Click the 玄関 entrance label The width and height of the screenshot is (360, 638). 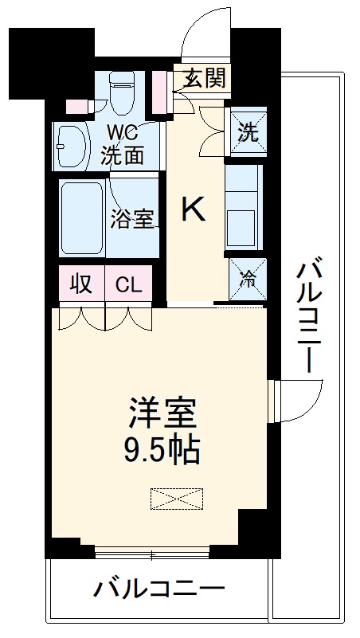pyautogui.click(x=205, y=78)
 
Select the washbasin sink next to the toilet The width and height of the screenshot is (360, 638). pyautogui.click(x=72, y=146)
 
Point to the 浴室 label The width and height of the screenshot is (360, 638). pyautogui.click(x=132, y=218)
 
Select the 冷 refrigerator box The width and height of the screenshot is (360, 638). pyautogui.click(x=247, y=279)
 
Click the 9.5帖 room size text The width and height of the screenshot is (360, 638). pyautogui.click(x=164, y=451)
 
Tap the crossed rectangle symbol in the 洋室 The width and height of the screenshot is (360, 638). pyautogui.click(x=176, y=499)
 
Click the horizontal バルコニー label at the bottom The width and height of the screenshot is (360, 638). pyautogui.click(x=159, y=591)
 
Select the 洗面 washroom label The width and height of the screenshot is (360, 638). pyautogui.click(x=123, y=155)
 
